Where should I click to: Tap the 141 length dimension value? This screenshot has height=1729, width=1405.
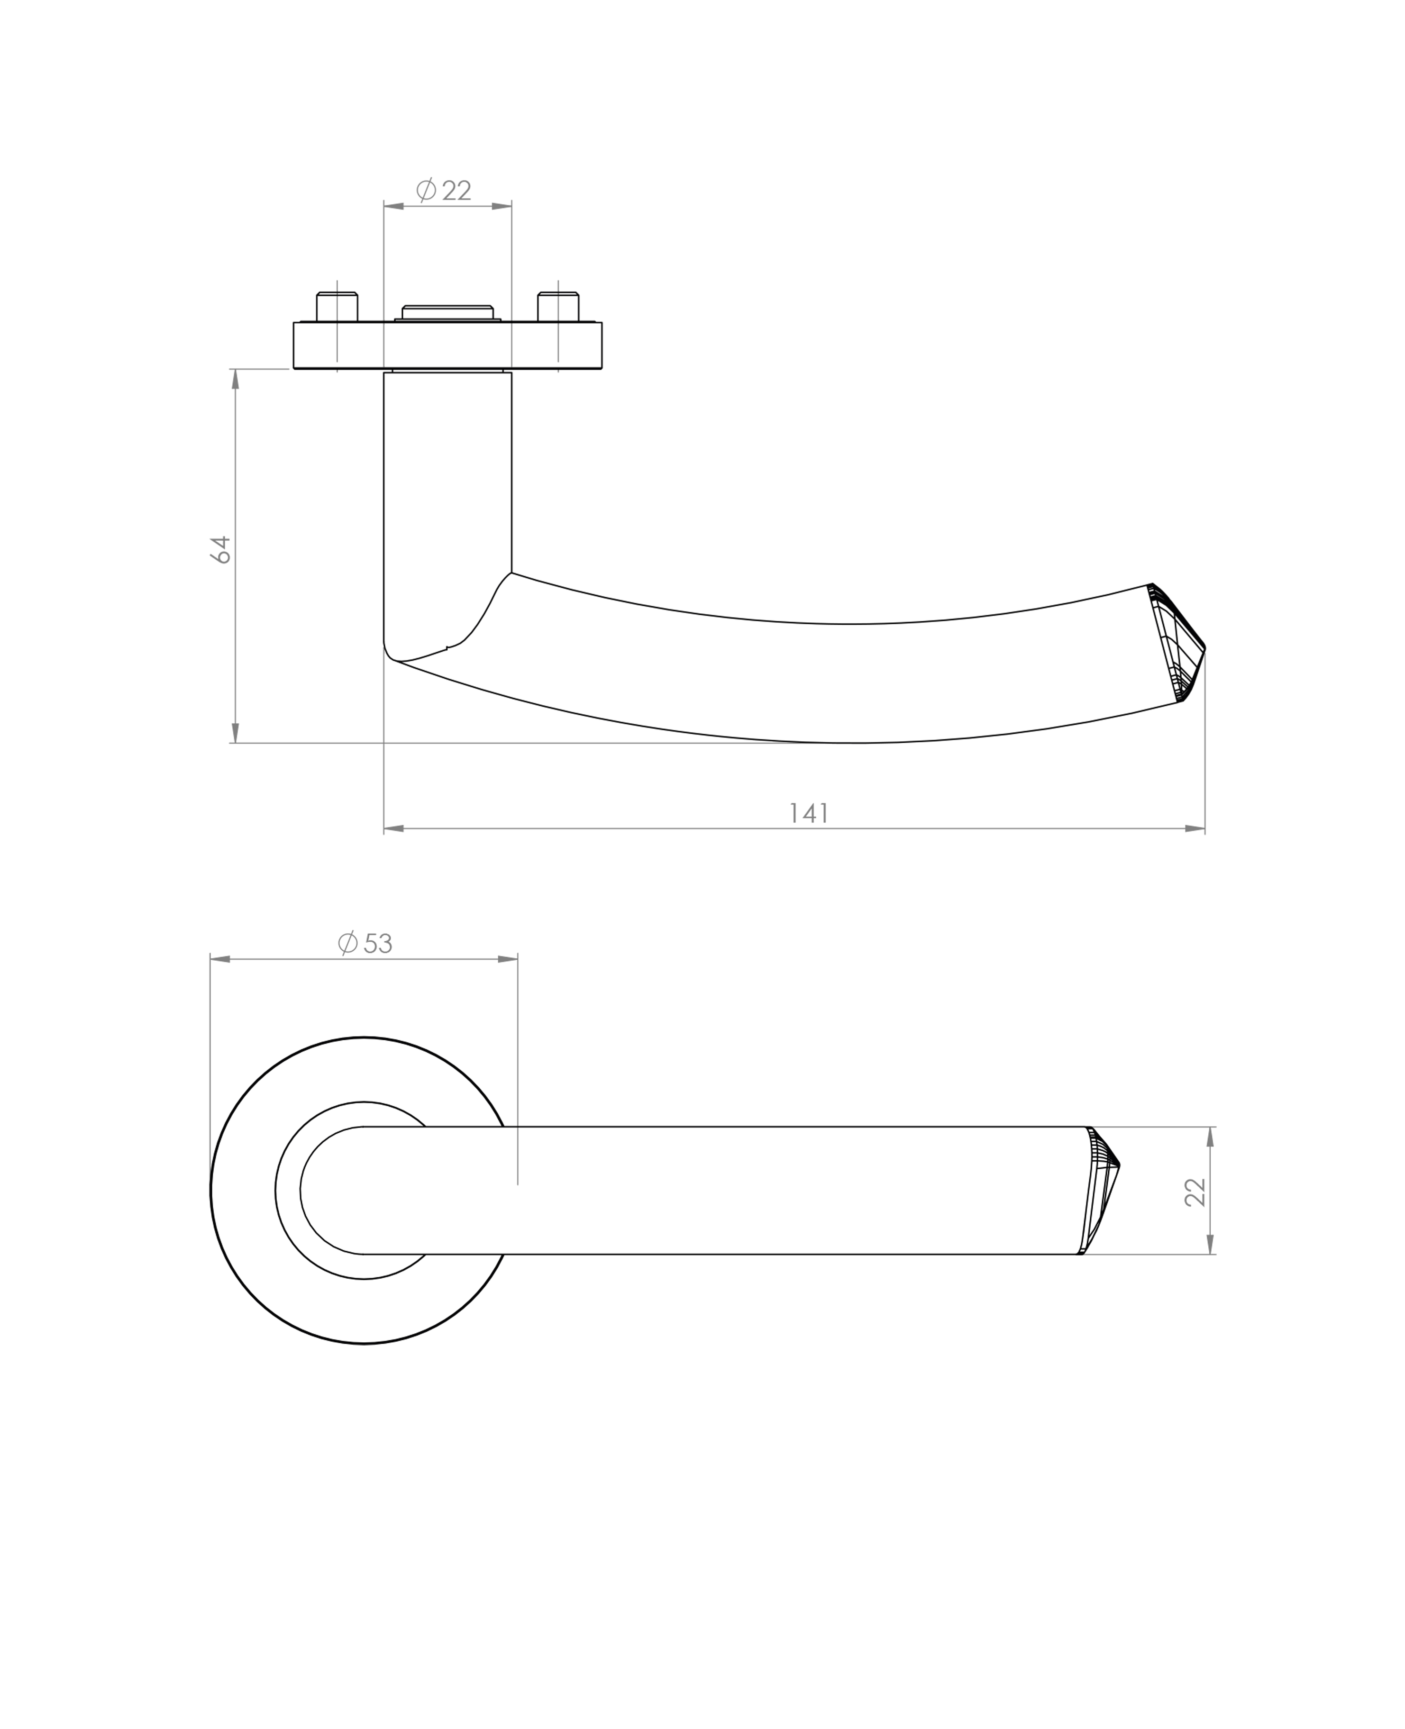click(809, 813)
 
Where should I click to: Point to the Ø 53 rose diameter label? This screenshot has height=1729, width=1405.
click(366, 943)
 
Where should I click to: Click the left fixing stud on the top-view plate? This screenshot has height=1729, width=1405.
click(337, 308)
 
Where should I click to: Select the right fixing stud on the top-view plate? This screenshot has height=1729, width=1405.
click(558, 308)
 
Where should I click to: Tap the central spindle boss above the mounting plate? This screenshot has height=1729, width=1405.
click(447, 313)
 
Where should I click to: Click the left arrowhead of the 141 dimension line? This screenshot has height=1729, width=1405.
click(394, 828)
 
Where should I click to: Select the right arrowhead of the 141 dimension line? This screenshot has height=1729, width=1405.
click(1195, 828)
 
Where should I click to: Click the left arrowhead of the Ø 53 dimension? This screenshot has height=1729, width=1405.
click(220, 960)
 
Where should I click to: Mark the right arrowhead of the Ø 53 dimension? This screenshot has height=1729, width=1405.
click(508, 960)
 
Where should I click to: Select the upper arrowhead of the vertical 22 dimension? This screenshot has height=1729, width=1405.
click(1211, 1137)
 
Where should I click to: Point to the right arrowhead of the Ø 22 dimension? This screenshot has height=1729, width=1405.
click(502, 206)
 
